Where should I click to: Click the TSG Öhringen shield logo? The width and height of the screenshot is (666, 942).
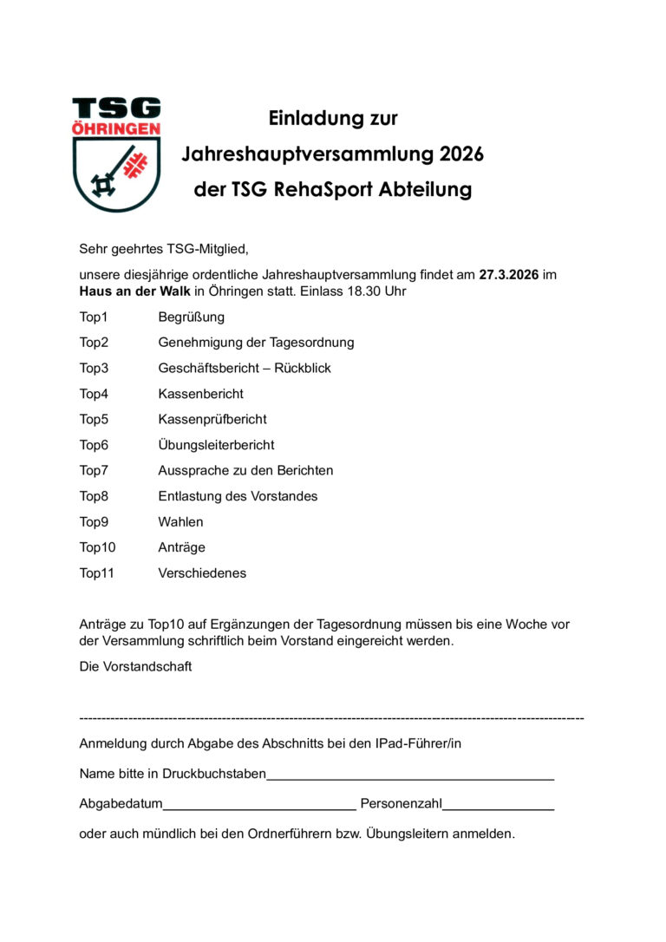(x=116, y=154)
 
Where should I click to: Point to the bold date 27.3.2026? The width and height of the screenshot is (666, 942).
(x=509, y=275)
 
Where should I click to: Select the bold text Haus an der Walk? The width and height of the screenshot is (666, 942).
(x=129, y=291)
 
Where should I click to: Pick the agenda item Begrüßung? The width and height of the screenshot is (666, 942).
(x=191, y=317)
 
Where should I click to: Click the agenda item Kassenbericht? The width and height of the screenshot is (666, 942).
(x=200, y=394)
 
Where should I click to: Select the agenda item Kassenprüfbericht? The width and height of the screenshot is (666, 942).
(x=212, y=420)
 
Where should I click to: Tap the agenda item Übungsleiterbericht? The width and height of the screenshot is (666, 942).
(x=216, y=445)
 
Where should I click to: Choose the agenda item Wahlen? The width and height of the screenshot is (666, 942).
(x=180, y=522)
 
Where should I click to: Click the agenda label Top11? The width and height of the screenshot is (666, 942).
(x=97, y=573)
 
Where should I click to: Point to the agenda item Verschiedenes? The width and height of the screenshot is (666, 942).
(x=202, y=573)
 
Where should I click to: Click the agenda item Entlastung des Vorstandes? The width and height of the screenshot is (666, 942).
(x=238, y=496)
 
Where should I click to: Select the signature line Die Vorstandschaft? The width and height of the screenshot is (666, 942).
(x=135, y=667)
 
